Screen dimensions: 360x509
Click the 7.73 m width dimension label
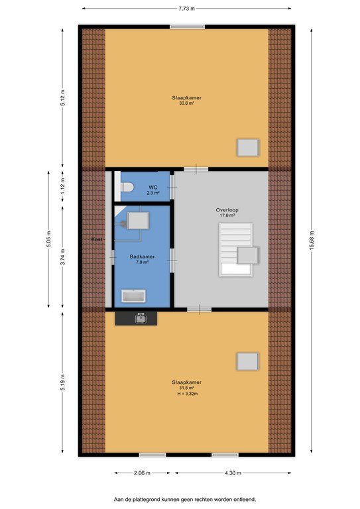[x=187, y=9]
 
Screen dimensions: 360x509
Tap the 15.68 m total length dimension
[x=312, y=241]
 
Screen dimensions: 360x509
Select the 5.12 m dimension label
[x=62, y=97]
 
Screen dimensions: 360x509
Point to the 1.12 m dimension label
[x=62, y=186]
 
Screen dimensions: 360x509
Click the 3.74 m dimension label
[x=62, y=257]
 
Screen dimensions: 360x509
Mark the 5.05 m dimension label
[x=48, y=239]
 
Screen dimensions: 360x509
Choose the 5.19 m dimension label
[x=62, y=382]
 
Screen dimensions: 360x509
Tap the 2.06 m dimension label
[x=142, y=473]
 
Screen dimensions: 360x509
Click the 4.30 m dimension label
[x=233, y=473]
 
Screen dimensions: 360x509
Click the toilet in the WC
[x=127, y=187]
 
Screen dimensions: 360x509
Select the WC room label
[x=153, y=188]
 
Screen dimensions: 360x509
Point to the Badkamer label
[x=142, y=256]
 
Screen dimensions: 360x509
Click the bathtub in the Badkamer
[x=134, y=296]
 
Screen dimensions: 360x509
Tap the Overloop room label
[x=227, y=210]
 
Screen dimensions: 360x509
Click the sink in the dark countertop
[x=141, y=319]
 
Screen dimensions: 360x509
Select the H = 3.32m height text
[x=188, y=394]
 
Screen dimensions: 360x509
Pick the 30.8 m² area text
[x=187, y=103]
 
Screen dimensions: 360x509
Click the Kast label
[x=97, y=239]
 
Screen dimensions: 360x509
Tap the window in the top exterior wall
[x=188, y=27]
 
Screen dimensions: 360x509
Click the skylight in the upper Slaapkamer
[x=249, y=147]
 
